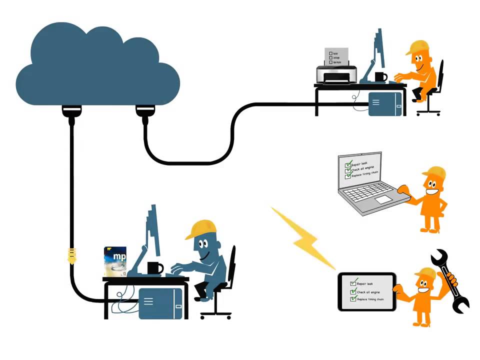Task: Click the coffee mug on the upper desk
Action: [380, 76]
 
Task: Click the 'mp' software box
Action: [115, 261]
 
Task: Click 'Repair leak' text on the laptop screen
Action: [359, 164]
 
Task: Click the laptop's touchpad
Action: [384, 199]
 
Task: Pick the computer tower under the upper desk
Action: [385, 104]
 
